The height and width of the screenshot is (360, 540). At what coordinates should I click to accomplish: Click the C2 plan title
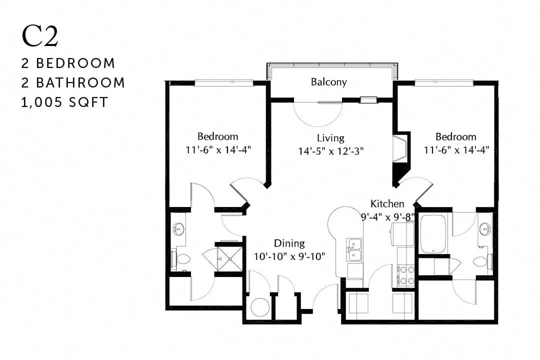[x=39, y=36]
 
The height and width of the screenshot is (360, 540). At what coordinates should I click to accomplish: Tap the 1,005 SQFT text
[x=65, y=102]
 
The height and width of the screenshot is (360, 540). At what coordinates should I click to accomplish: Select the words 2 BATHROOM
[x=73, y=82]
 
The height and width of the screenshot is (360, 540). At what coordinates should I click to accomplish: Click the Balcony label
[x=328, y=82]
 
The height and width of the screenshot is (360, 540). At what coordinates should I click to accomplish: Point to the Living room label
[x=330, y=138]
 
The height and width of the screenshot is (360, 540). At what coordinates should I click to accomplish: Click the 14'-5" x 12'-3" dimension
[x=330, y=151]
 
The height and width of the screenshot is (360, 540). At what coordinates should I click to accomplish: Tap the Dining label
[x=289, y=243]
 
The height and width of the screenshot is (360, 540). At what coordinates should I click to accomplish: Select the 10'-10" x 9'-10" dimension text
[x=289, y=256]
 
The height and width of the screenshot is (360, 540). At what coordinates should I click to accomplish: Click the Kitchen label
[x=387, y=204]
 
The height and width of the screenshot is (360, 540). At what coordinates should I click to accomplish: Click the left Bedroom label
[x=217, y=136]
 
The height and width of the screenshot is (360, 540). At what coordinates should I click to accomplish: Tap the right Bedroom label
[x=455, y=137]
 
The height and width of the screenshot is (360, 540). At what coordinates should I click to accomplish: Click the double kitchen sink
[x=354, y=250]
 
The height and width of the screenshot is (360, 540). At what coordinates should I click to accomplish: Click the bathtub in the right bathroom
[x=433, y=234]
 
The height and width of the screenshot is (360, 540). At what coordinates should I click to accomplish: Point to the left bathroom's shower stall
[x=228, y=258]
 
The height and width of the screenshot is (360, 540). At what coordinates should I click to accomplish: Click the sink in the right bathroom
[x=485, y=228]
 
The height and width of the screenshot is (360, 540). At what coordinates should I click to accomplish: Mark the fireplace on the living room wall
[x=401, y=149]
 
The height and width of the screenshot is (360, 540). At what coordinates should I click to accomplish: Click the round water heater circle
[x=259, y=307]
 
